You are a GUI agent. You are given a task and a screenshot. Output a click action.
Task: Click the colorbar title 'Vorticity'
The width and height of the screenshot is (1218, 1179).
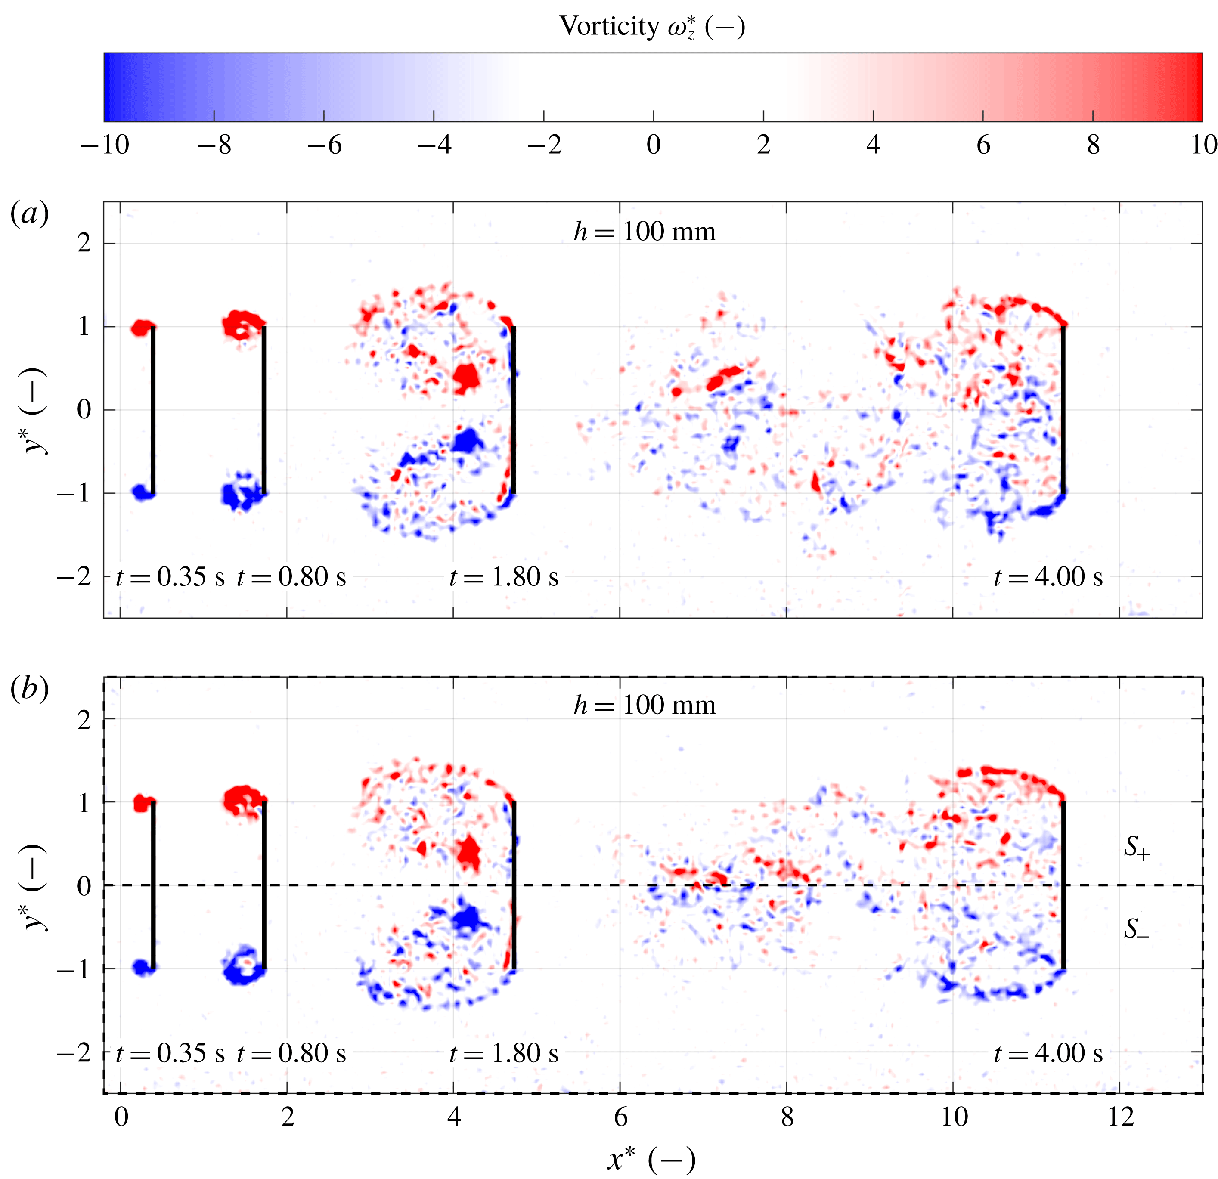click(x=609, y=26)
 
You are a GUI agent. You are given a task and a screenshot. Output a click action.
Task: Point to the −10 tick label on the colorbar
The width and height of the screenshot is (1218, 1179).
click(x=104, y=145)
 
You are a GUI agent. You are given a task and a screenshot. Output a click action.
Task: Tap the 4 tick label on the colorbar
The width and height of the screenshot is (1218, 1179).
click(x=873, y=145)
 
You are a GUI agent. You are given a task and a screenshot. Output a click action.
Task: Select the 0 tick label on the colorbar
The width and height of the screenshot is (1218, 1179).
click(x=653, y=145)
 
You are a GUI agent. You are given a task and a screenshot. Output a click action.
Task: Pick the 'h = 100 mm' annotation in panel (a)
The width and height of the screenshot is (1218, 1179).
click(x=645, y=232)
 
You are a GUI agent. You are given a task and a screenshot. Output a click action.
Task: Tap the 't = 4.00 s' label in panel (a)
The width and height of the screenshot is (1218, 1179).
click(x=1048, y=577)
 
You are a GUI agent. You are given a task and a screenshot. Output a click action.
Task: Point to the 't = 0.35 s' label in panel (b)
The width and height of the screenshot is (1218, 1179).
click(x=170, y=1053)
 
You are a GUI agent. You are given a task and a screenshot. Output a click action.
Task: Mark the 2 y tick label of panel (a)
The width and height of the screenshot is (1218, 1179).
click(x=84, y=243)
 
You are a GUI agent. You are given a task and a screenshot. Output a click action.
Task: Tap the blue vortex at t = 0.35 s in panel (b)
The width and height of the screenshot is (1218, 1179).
click(x=143, y=967)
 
